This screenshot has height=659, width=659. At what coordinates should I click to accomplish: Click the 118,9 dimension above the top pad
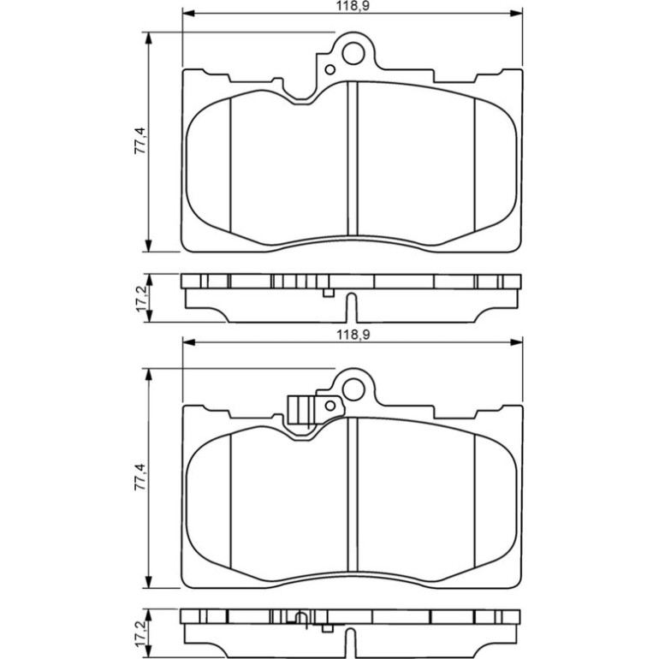pyautogui.click(x=353, y=6)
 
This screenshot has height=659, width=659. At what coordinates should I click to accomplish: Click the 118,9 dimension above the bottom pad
pyautogui.click(x=353, y=335)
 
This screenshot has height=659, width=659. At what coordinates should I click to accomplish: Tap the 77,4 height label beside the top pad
pyautogui.click(x=140, y=141)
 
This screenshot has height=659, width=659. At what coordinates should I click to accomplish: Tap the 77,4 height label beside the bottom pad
pyautogui.click(x=140, y=477)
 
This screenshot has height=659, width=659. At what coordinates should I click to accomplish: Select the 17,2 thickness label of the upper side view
pyautogui.click(x=140, y=298)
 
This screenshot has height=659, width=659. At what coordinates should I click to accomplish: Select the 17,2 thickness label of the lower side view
pyautogui.click(x=140, y=633)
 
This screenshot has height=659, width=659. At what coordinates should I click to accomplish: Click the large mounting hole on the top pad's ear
pyautogui.click(x=353, y=53)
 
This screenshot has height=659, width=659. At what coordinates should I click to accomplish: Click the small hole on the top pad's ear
pyautogui.click(x=330, y=70)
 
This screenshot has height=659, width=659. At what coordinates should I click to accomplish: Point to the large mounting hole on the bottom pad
pyautogui.click(x=353, y=389)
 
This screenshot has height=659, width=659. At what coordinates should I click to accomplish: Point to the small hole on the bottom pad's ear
pyautogui.click(x=330, y=406)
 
